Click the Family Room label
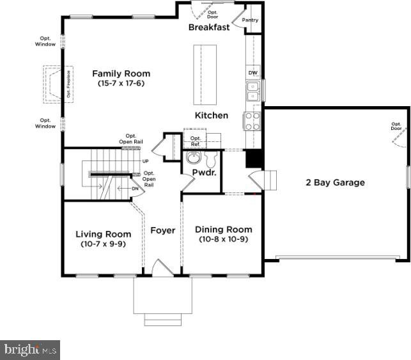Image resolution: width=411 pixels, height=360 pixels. pos(121,74)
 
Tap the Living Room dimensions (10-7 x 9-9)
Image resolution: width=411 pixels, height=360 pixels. pos(104,244)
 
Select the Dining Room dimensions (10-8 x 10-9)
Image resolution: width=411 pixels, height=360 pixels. pos(224,239)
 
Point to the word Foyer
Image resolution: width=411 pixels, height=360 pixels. pos(163,230)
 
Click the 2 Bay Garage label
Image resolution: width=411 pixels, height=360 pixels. pos(335,182)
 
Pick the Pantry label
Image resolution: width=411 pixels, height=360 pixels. pos(250,20)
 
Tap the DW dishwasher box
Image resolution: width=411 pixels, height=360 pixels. pos(253,73)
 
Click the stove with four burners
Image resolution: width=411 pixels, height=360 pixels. pos(252,121)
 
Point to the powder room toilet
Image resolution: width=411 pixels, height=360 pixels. pos(211,159)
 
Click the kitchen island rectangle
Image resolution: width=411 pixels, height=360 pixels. pos(205,75)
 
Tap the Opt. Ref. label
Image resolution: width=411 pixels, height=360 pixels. pos(196,141)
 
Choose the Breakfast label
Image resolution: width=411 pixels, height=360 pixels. pos(209,27)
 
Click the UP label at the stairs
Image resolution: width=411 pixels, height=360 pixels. pos(146,161)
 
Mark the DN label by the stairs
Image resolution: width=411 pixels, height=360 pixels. pos(135,189)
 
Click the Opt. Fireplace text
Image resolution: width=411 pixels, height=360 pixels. pos(68,84)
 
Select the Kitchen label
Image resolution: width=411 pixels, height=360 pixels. pos(212,115)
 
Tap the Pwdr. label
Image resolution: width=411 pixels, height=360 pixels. pos(204,173)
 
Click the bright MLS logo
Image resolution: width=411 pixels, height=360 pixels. pos(30,350)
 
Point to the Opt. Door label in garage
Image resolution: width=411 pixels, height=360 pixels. pos(396,126)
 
